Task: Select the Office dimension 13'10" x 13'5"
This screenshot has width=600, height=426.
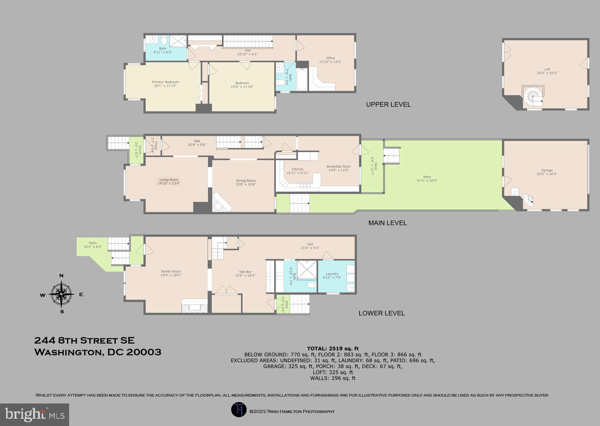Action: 330,62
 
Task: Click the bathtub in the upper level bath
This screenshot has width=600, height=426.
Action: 302,79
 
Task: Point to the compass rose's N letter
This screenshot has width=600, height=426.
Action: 62,276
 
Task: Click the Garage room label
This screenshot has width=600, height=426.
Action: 547,170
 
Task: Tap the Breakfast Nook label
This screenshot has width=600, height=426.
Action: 338,166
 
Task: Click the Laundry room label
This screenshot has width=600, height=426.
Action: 332,274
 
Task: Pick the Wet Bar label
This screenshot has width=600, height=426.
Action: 245,272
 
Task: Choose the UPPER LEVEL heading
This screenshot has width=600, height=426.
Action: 388,104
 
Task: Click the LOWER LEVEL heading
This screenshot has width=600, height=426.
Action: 381,313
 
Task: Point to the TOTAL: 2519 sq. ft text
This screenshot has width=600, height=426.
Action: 333,348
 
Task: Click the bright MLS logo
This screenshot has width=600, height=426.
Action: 35,415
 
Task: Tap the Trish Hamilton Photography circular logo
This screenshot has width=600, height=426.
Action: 238,410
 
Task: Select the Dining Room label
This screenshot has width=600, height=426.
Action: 246,181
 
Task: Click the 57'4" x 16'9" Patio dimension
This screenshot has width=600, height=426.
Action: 427,181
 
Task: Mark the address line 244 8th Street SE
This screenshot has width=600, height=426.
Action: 84,341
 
